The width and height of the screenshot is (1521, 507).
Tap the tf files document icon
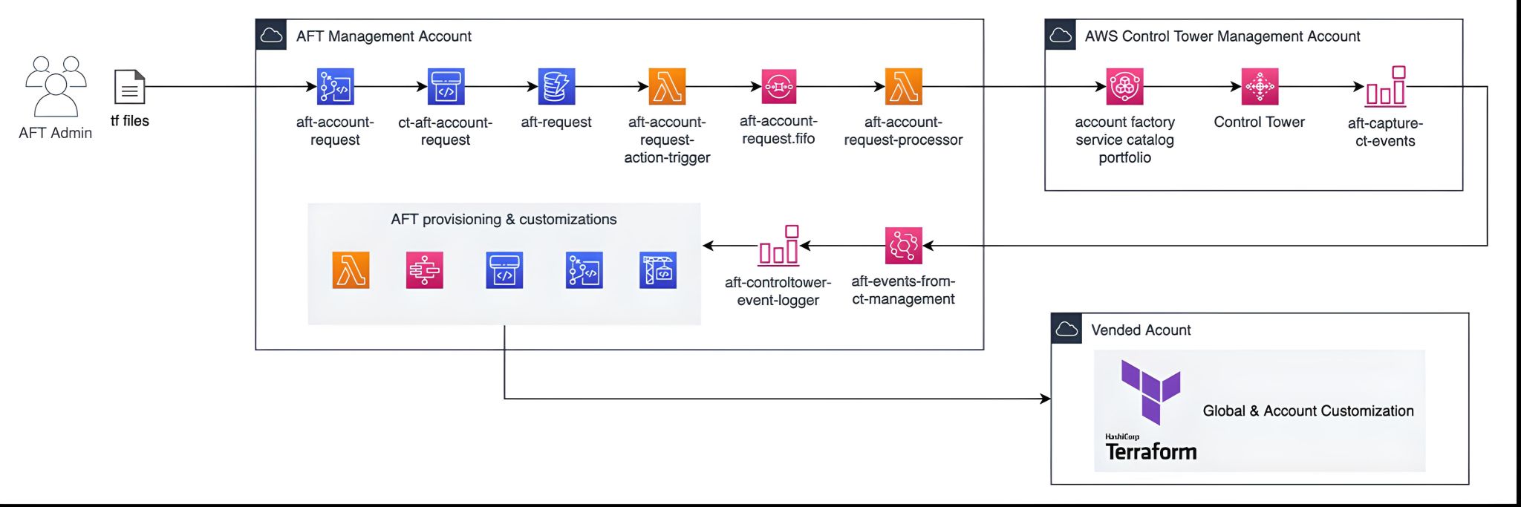[129, 87]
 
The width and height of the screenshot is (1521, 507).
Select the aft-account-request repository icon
[336, 87]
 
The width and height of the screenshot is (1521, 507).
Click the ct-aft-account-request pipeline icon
[446, 87]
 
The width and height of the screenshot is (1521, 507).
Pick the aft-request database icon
[556, 87]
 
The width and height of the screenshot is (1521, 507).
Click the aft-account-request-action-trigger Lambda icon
[667, 87]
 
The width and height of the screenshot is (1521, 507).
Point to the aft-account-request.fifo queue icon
[778, 87]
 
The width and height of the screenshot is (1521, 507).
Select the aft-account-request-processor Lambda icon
[903, 87]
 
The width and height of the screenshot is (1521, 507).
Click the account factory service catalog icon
[1124, 87]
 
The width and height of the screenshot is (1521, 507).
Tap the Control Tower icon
[1260, 87]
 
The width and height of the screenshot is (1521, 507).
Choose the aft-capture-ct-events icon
[1386, 88]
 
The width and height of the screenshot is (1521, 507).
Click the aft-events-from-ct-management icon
[903, 246]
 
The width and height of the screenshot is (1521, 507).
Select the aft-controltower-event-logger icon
[778, 246]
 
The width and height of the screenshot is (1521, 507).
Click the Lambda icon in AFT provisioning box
[351, 270]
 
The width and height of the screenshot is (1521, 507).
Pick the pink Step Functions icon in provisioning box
[425, 270]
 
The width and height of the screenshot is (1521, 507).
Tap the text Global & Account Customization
[1308, 410]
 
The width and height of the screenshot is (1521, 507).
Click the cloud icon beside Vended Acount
[1066, 329]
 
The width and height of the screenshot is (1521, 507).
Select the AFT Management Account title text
[383, 36]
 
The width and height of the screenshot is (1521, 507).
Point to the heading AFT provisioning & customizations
[504, 219]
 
